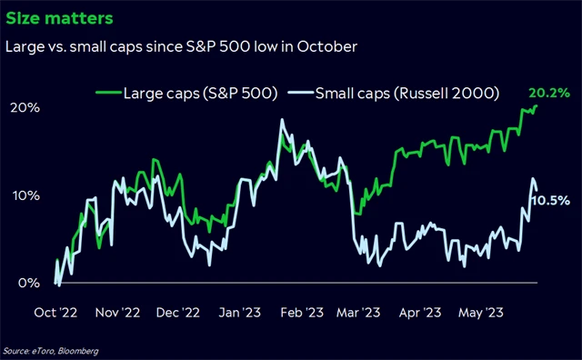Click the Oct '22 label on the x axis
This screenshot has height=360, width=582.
click(56, 312)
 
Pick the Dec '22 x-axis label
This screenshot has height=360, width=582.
click(179, 312)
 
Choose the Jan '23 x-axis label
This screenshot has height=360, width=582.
click(241, 312)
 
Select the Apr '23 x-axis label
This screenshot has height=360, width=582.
click(420, 312)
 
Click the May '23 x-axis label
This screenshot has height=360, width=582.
click(480, 312)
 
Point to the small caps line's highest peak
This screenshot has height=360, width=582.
click(283, 120)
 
